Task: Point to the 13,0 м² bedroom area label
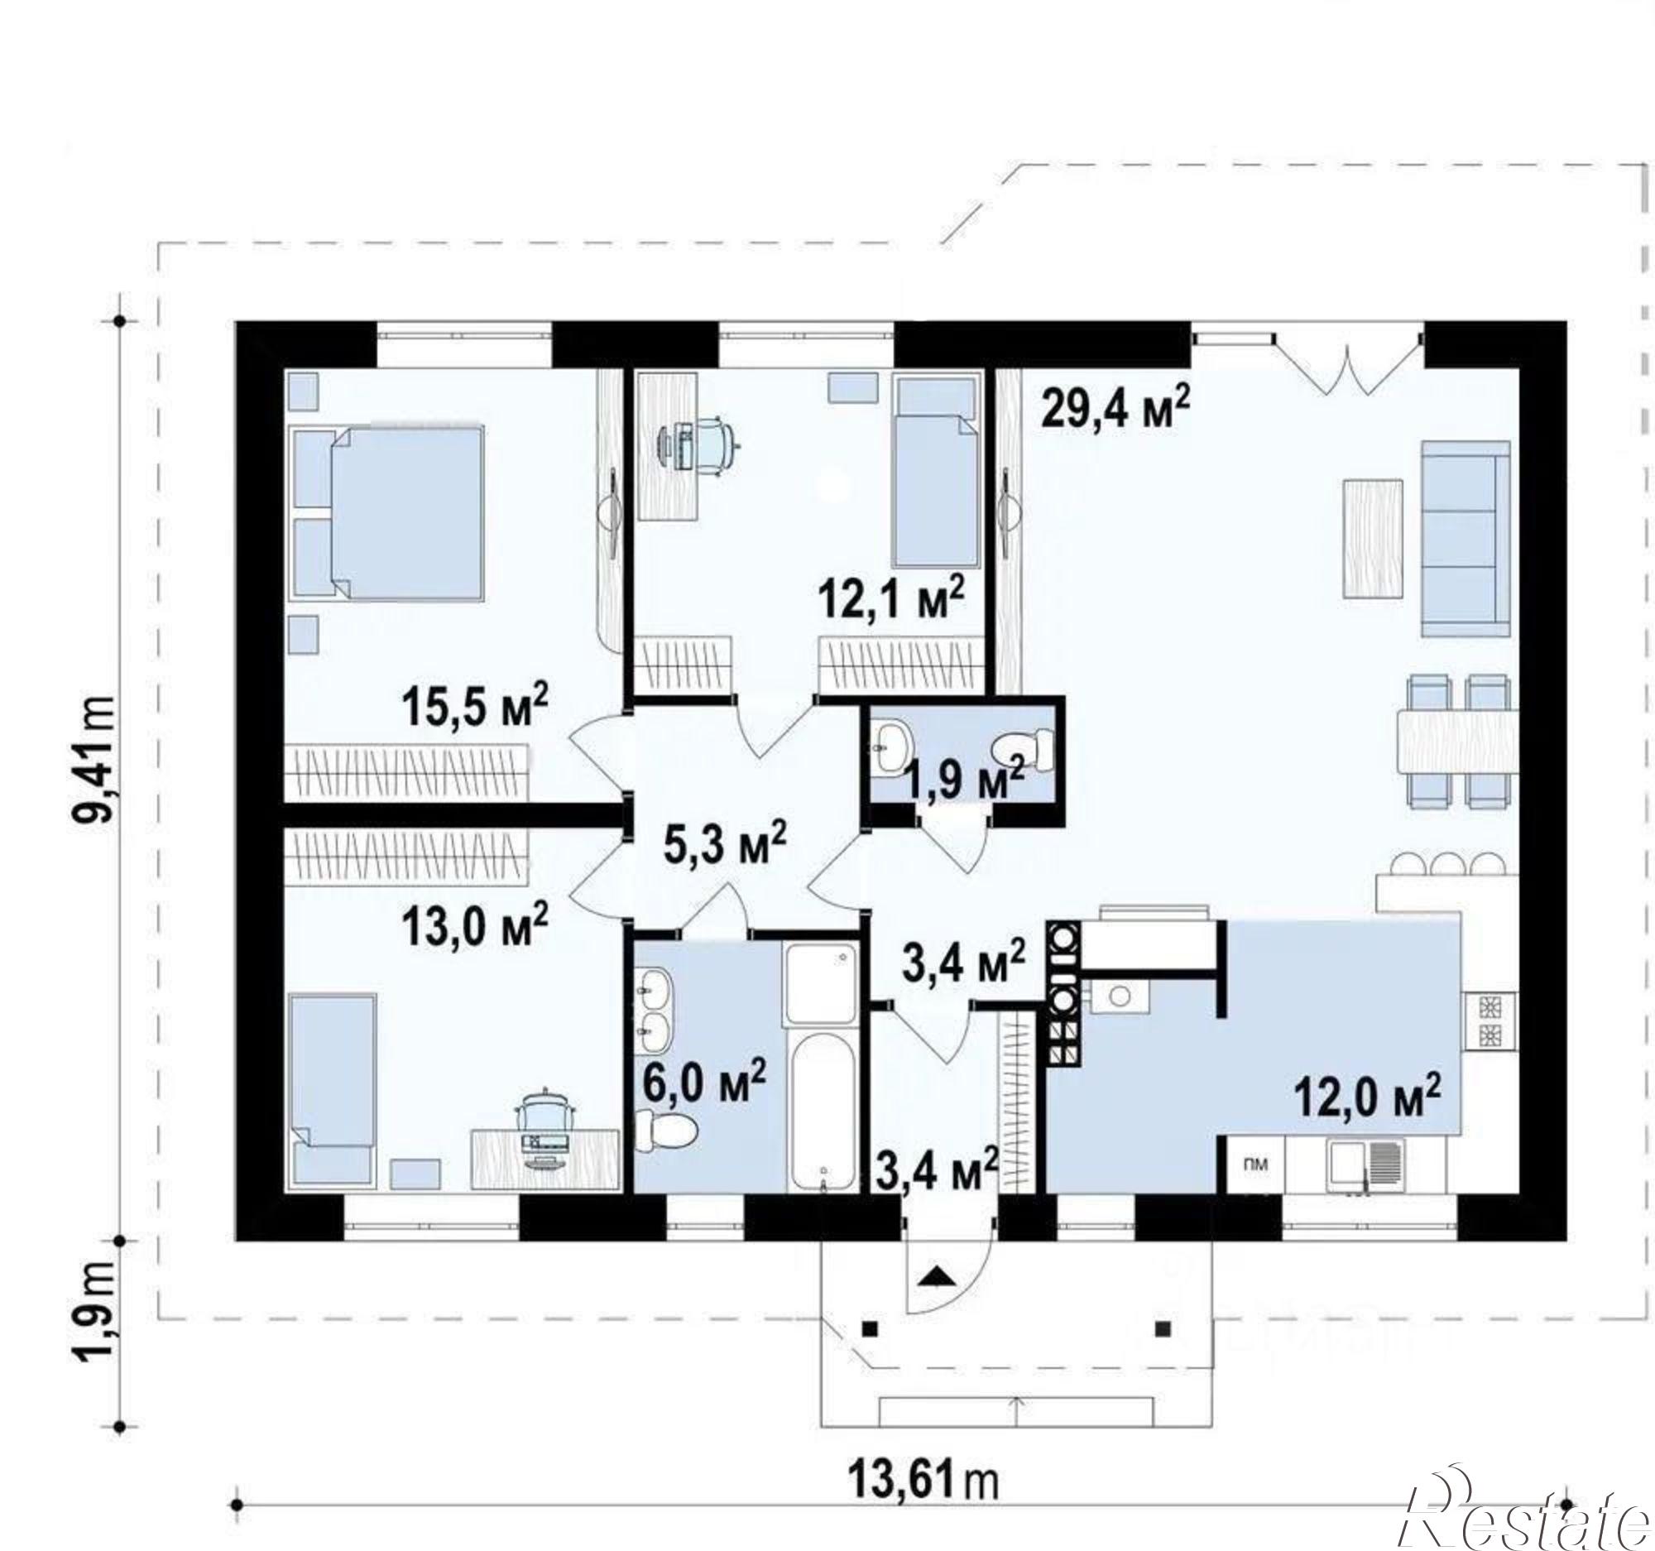(x=475, y=925)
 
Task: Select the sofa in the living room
(x=1466, y=538)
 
